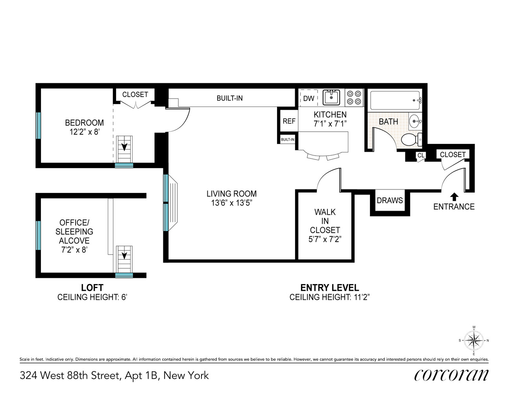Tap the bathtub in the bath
coord(395,100)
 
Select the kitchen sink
coord(331,97)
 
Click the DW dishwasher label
coord(309,98)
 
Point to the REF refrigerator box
coord(289,121)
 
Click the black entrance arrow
coord(454,196)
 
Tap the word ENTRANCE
coord(454,207)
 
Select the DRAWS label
coord(390,200)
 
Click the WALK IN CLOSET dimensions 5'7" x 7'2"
coord(325,239)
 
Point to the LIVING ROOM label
coord(231,194)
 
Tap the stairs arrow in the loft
coord(124,255)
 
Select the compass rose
coord(474,340)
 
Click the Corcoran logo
coord(451,375)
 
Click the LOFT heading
coord(92,288)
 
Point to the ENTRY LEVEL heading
coord(329,288)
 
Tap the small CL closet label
coord(421,155)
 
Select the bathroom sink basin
coord(414,121)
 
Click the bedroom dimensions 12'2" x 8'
coord(84,132)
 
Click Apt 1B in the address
coord(142,376)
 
